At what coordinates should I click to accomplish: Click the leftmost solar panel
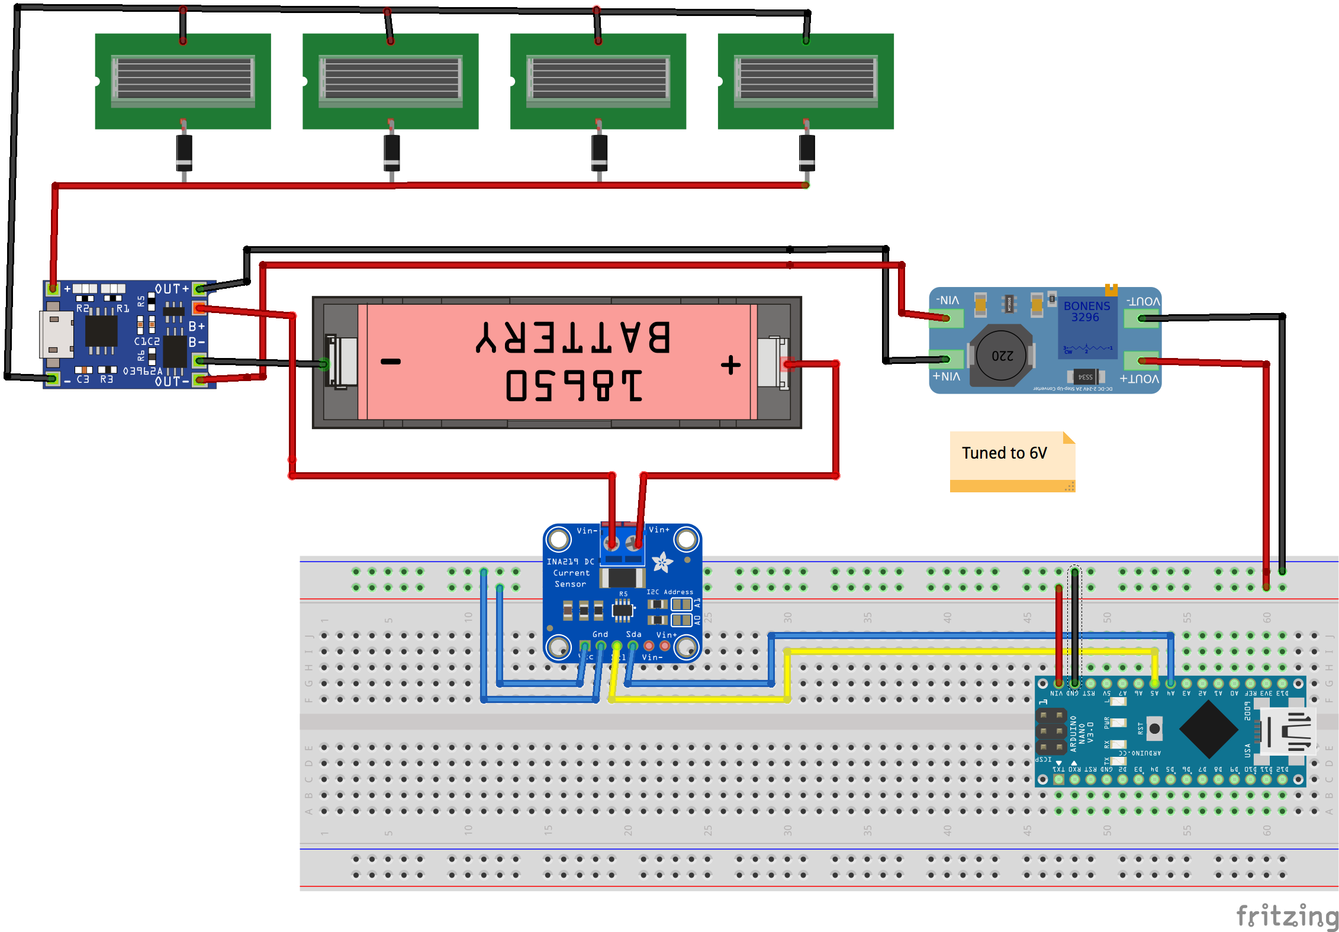tap(183, 81)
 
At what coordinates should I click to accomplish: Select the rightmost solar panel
tap(805, 81)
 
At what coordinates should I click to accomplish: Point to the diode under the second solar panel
tap(391, 153)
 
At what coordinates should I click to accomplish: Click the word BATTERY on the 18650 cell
tap(573, 337)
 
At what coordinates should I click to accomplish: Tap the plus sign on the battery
tap(731, 365)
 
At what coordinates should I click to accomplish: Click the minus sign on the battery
tap(391, 362)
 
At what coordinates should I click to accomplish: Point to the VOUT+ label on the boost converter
tap(1140, 379)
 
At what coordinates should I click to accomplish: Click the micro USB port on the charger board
tap(57, 334)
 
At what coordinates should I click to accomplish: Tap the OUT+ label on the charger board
tap(172, 289)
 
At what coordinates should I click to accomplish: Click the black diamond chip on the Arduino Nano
tap(1209, 729)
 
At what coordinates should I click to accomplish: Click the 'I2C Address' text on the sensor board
tap(669, 592)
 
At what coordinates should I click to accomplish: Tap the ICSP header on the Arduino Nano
tap(1051, 731)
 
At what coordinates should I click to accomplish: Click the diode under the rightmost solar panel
tap(807, 153)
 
